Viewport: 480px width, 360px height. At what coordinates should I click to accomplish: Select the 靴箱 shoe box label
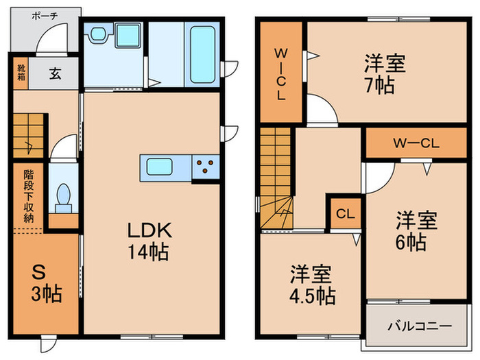pyautogui.click(x=20, y=74)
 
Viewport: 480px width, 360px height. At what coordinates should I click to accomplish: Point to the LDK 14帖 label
pyautogui.click(x=147, y=241)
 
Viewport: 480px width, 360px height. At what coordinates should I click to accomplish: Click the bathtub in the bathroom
pyautogui.click(x=202, y=54)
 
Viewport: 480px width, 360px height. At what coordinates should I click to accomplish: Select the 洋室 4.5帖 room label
pyautogui.click(x=311, y=285)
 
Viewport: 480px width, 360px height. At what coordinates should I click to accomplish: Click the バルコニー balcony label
pyautogui.click(x=420, y=326)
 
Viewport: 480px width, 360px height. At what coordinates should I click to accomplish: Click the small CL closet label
pyautogui.click(x=345, y=213)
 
